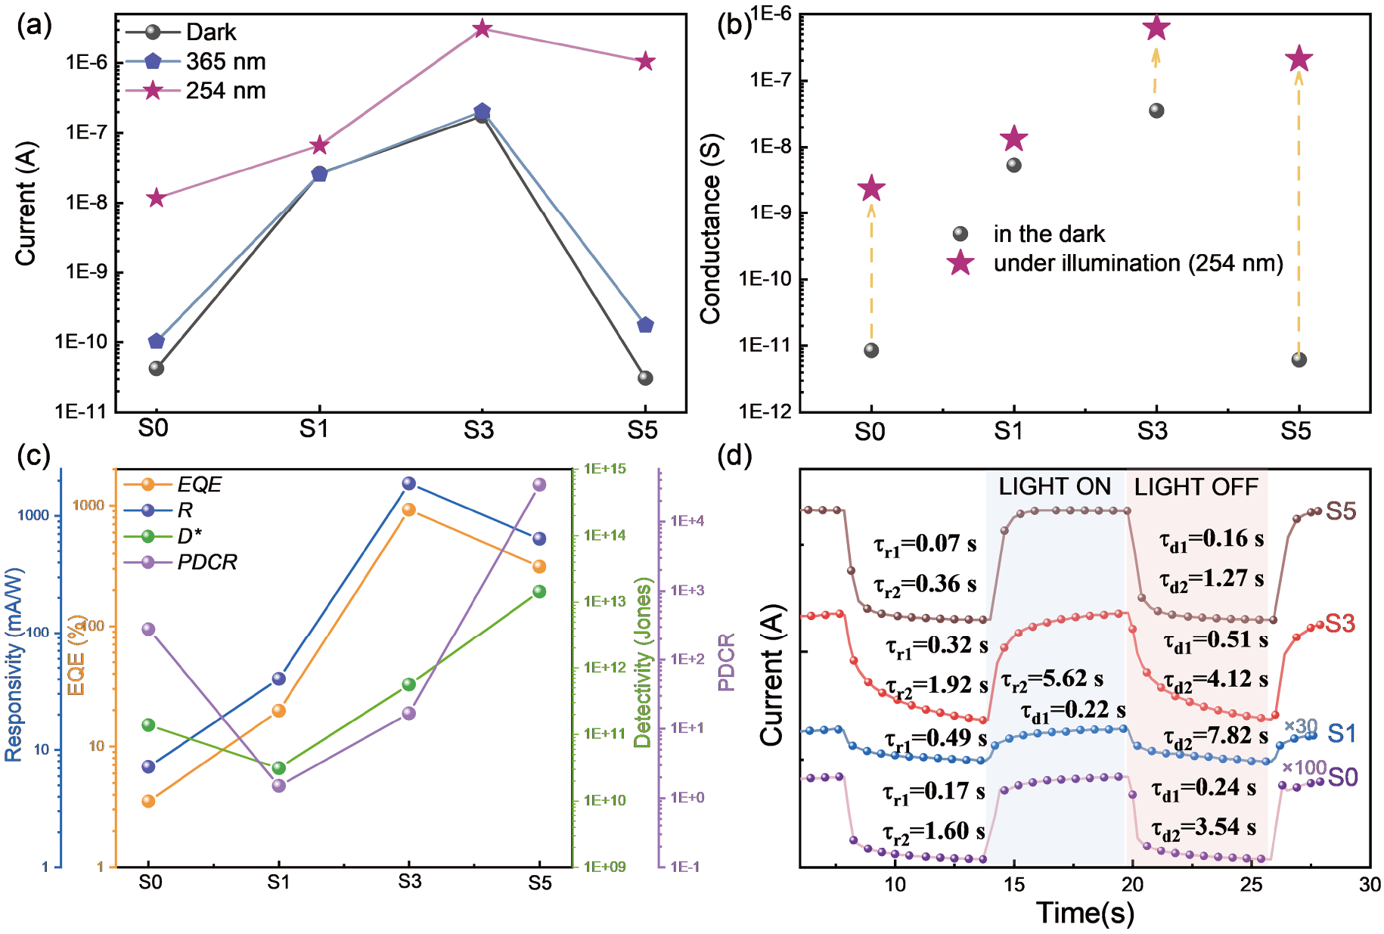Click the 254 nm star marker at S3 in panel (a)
click(483, 29)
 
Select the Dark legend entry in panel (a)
click(211, 33)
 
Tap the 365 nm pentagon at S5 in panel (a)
click(645, 325)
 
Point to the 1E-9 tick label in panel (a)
click(86, 272)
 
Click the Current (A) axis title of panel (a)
click(26, 204)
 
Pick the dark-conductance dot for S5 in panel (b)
click(1299, 359)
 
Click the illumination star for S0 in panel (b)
click(871, 188)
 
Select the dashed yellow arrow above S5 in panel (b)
click(1299, 212)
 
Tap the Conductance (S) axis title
click(710, 229)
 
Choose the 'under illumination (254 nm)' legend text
click(1138, 263)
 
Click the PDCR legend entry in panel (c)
click(206, 562)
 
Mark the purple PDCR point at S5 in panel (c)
click(539, 485)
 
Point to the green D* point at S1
click(279, 768)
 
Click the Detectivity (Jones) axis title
click(643, 662)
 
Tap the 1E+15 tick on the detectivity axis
click(605, 469)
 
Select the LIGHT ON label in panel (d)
click(1054, 486)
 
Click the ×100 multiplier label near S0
click(1304, 768)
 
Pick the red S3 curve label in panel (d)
click(1339, 624)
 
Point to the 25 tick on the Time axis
click(1251, 885)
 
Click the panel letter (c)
click(34, 456)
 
